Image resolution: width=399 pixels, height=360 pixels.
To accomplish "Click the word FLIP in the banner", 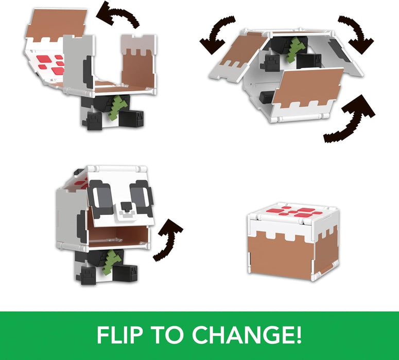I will [122, 335].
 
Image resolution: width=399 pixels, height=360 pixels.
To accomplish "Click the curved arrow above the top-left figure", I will [119, 15].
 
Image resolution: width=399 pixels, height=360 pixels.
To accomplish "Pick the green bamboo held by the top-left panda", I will [117, 107].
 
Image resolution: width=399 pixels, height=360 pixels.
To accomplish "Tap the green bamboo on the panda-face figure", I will [114, 261].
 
